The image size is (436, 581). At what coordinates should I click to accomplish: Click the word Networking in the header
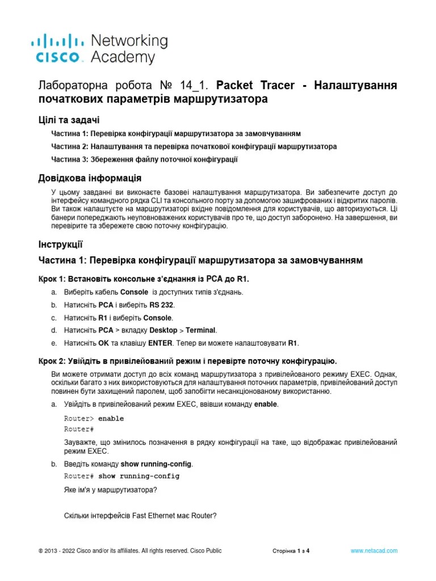pos(129,41)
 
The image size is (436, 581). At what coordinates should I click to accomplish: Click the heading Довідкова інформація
pos(89,179)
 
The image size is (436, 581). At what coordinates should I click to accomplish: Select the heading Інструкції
pos(60,245)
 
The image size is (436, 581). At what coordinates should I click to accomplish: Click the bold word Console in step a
pos(134,292)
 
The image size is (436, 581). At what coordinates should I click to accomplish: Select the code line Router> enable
pos(94,419)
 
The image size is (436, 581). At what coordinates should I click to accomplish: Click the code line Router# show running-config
pos(121,476)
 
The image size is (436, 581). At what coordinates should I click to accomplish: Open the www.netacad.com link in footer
pos(374,550)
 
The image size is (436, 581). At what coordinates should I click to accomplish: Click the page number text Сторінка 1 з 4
pos(291,551)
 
